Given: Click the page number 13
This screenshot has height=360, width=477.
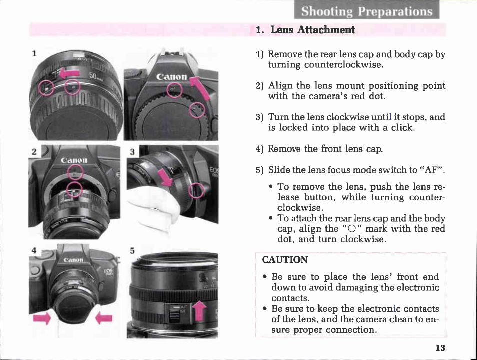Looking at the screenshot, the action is [440, 348].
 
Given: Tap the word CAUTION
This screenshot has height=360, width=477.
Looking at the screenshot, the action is [285, 260].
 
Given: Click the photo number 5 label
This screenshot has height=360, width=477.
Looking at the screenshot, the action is [132, 251].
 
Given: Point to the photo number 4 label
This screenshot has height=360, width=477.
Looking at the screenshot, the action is [34, 250].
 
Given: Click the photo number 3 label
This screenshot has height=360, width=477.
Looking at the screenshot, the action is [132, 152].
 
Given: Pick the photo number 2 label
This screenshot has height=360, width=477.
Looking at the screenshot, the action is [34, 151].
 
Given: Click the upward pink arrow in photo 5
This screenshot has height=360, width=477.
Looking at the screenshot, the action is [199, 310].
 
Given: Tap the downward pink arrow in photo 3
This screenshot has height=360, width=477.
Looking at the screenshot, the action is [166, 177].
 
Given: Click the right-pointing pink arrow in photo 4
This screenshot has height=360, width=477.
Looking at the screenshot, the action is [42, 318].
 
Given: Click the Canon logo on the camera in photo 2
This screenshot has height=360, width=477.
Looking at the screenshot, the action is [74, 160].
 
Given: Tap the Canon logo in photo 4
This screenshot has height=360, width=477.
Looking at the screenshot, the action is [73, 260].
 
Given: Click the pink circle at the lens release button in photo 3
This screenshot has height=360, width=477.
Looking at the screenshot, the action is [196, 190].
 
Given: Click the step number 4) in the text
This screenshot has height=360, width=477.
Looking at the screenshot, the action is [259, 149].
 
